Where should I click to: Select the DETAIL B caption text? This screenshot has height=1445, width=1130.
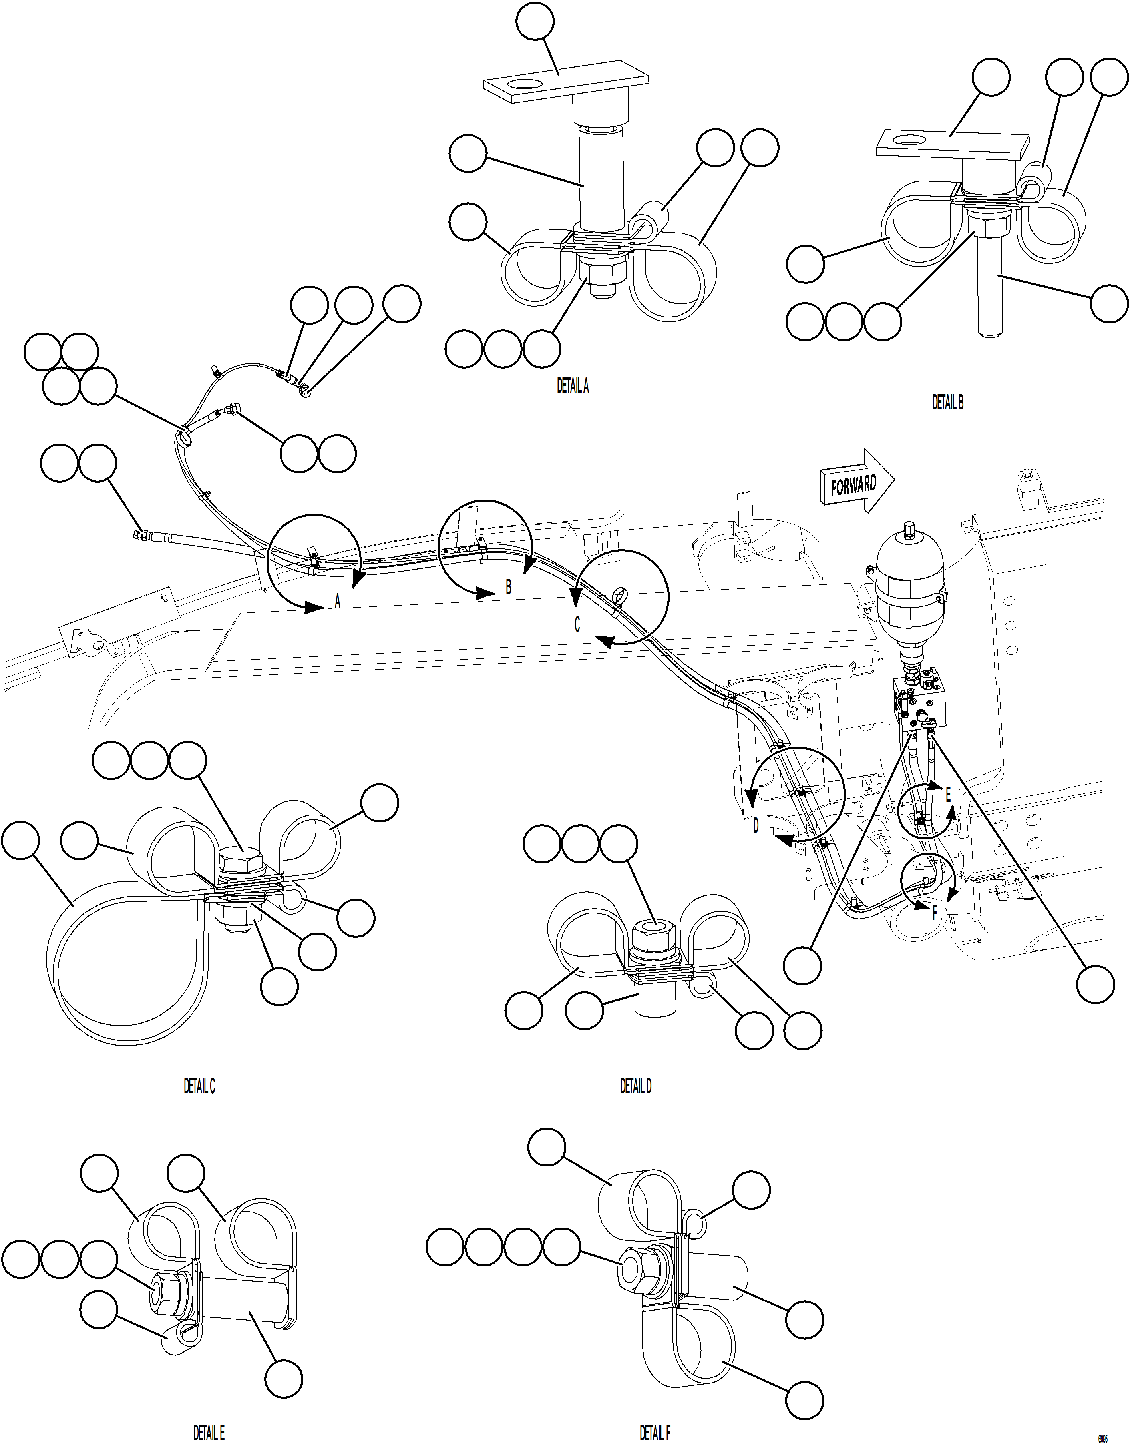[x=947, y=402]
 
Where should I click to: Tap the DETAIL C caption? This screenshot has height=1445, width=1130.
[x=199, y=1086]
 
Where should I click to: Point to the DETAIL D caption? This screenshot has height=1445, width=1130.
[x=635, y=1086]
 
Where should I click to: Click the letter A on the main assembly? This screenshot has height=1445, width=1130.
[x=337, y=601]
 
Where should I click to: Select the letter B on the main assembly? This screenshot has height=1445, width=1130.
[x=508, y=586]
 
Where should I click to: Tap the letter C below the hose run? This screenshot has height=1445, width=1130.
[x=577, y=624]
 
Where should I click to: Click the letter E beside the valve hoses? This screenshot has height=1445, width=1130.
[x=947, y=794]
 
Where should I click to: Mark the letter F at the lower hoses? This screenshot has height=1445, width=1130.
[x=934, y=913]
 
